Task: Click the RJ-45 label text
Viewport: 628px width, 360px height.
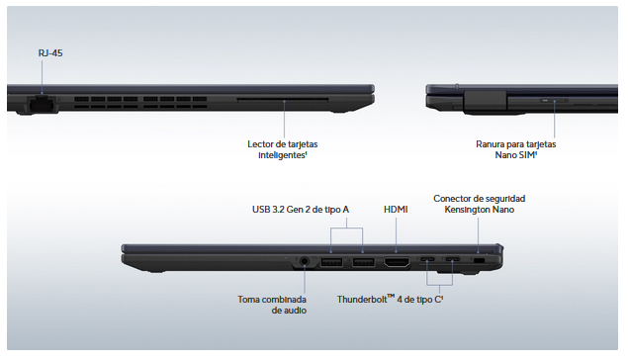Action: click(x=50, y=52)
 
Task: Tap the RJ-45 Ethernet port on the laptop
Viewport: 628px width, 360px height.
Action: click(x=43, y=103)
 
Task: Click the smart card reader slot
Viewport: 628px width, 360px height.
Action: click(x=283, y=99)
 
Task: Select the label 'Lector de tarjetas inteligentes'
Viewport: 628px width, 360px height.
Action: click(x=283, y=149)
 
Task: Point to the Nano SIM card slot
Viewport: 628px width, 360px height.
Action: click(x=554, y=100)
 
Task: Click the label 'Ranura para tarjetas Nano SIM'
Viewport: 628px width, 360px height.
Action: click(x=516, y=149)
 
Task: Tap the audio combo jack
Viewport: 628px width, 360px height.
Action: click(x=305, y=262)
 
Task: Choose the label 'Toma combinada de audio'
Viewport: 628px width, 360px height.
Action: click(x=272, y=305)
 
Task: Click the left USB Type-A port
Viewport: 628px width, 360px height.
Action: click(x=331, y=262)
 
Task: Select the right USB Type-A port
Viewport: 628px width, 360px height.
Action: click(x=363, y=262)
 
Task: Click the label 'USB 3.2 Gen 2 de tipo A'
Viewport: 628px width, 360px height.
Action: click(x=301, y=210)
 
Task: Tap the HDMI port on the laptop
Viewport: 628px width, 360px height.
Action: click(x=397, y=262)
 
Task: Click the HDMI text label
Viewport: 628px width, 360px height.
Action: click(x=396, y=210)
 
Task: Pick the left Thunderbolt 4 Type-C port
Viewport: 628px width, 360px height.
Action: click(x=427, y=261)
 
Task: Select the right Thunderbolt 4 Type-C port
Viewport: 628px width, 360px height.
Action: click(x=453, y=261)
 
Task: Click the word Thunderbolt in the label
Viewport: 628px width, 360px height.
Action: click(x=362, y=300)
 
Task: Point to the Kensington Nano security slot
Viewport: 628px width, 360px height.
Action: click(x=479, y=261)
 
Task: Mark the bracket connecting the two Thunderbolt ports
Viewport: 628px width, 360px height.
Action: click(x=440, y=285)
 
